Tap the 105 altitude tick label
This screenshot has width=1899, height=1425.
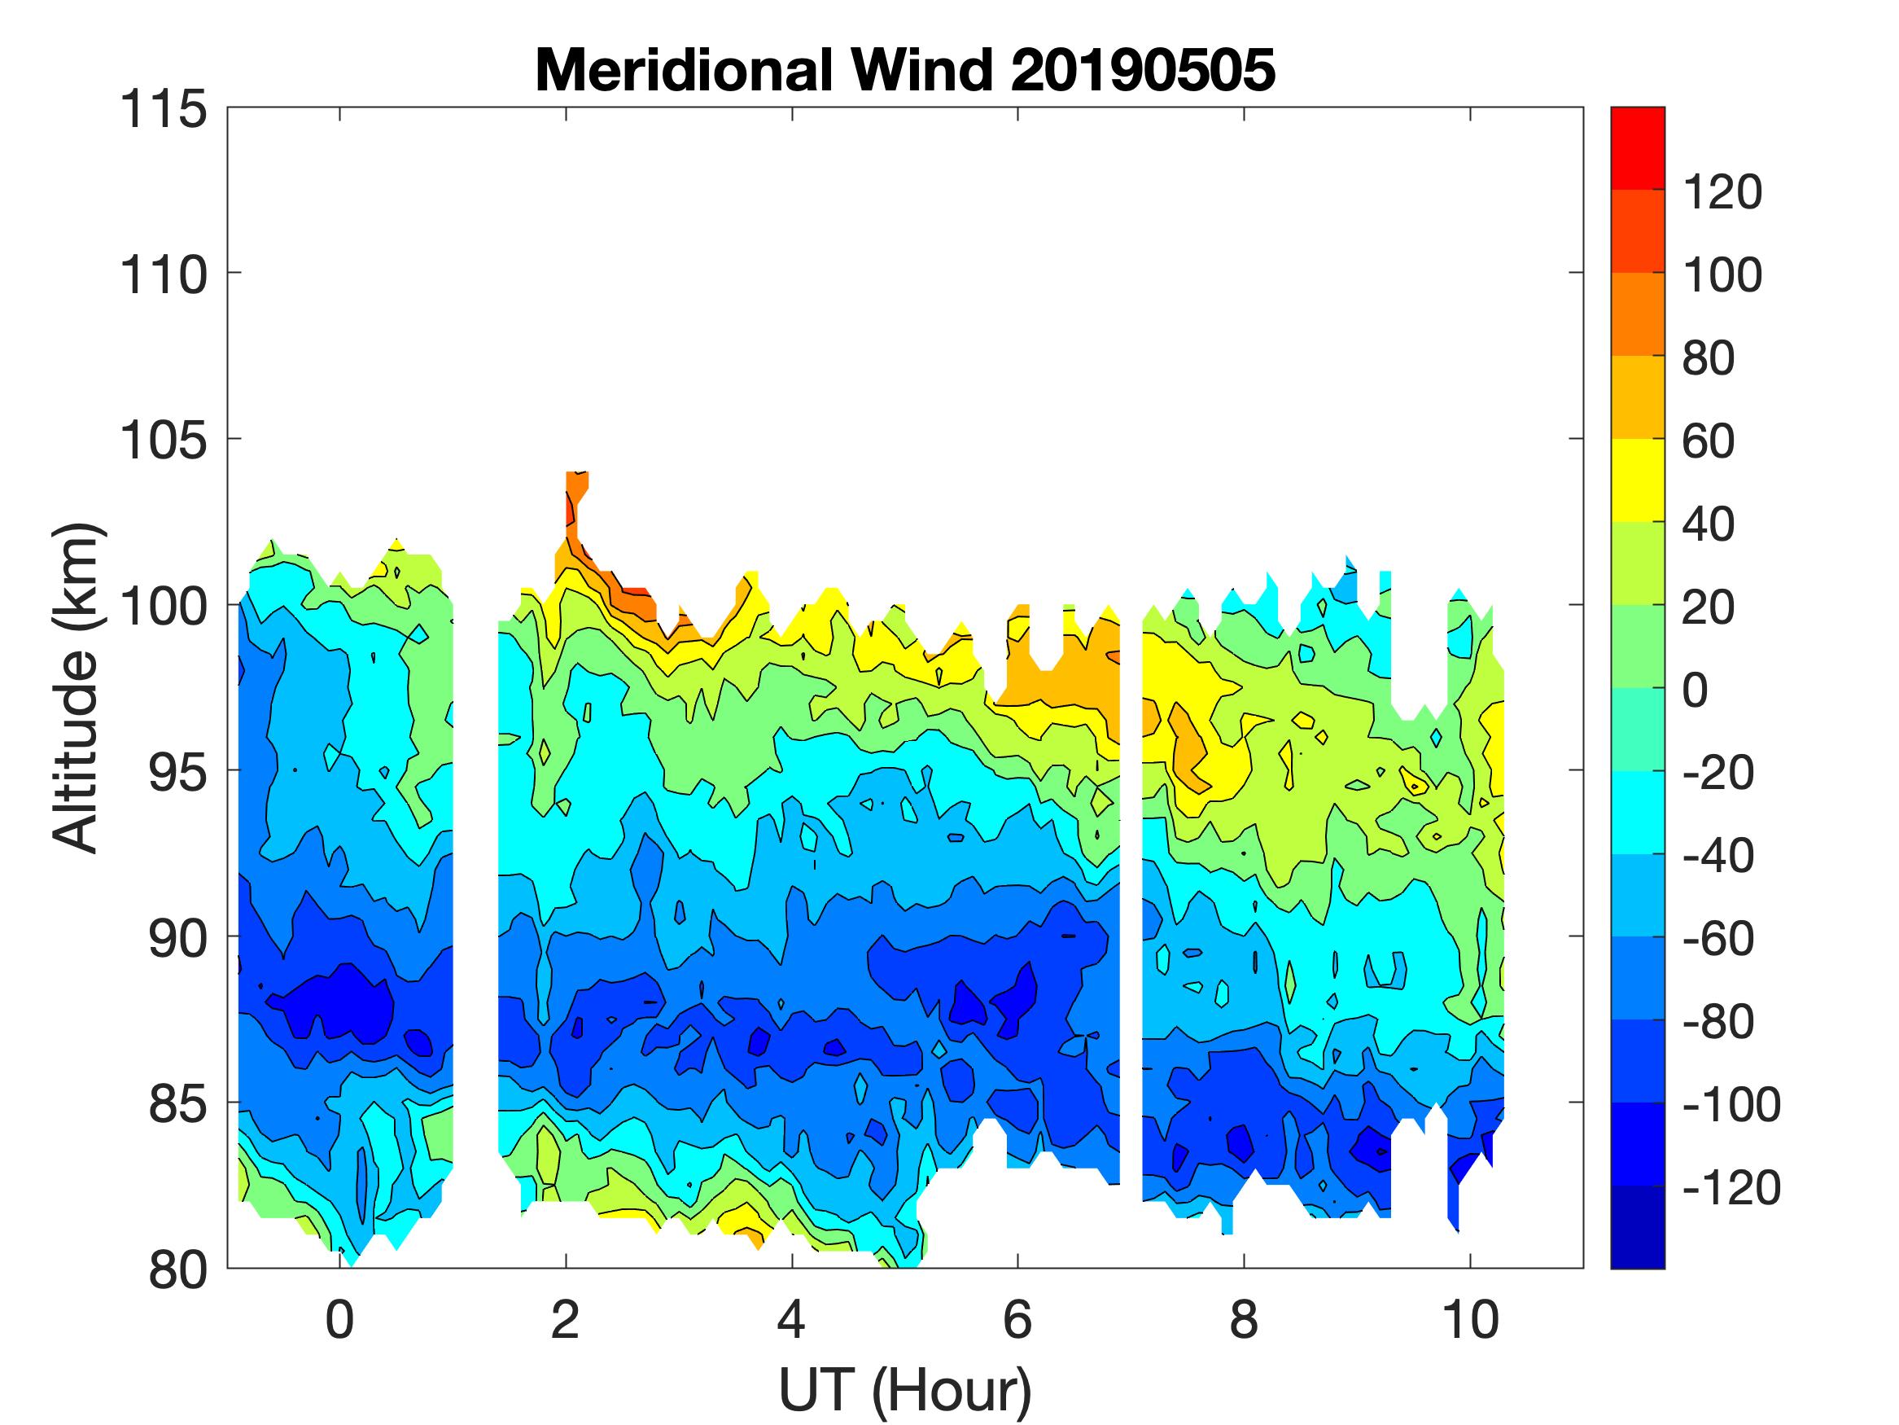(x=163, y=441)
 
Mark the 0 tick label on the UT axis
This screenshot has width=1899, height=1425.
(x=340, y=1319)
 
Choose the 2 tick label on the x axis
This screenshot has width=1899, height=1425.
(x=566, y=1319)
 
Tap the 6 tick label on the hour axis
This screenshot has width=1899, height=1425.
(x=1017, y=1319)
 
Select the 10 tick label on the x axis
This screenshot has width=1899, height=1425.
(x=1471, y=1319)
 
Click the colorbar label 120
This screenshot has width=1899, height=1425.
(x=1722, y=191)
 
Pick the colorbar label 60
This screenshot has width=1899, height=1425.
(x=1709, y=441)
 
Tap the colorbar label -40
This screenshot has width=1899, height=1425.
(x=1717, y=856)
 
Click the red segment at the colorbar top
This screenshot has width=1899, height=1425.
(x=1637, y=147)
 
